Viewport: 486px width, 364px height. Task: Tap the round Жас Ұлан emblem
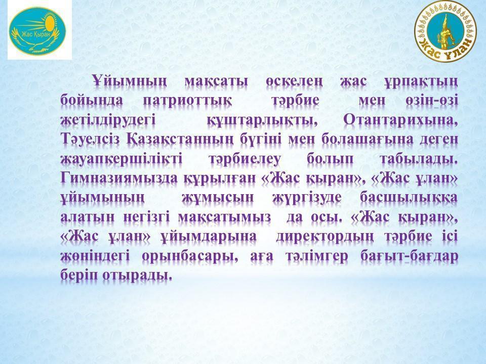click(445, 31)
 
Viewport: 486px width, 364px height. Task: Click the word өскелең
click(294, 81)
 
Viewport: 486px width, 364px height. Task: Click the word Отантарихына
click(400, 120)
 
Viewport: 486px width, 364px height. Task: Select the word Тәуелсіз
click(90, 140)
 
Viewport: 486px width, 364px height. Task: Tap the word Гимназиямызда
click(119, 178)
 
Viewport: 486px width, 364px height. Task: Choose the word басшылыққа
click(409, 198)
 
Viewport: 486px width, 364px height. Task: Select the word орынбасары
click(190, 256)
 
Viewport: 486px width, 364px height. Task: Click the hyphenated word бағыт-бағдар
click(409, 256)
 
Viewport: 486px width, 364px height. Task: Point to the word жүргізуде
click(307, 198)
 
